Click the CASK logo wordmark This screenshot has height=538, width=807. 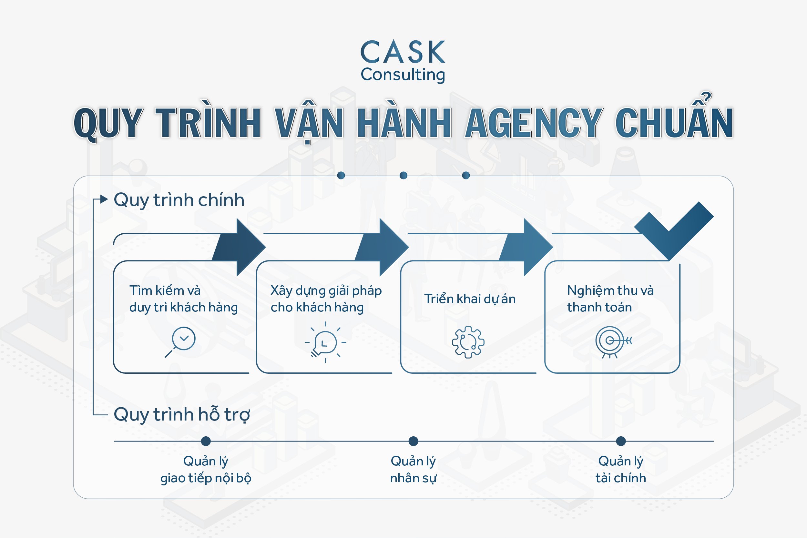click(x=403, y=52)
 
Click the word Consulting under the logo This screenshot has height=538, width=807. click(x=403, y=75)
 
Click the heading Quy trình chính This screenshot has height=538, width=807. click(x=179, y=200)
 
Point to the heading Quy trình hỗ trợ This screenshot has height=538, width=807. click(x=182, y=414)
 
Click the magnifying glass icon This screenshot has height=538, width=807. click(x=181, y=342)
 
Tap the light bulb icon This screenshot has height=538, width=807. click(x=325, y=342)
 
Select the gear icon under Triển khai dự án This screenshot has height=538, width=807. click(x=468, y=342)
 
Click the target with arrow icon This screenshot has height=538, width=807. click(x=612, y=342)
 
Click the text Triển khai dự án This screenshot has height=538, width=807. click(x=470, y=299)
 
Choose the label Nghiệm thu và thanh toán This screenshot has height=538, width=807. click(x=610, y=299)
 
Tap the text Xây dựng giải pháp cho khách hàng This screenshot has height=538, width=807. click(x=326, y=299)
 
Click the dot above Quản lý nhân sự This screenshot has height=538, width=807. click(x=414, y=441)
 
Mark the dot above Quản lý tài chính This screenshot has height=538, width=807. click(x=621, y=441)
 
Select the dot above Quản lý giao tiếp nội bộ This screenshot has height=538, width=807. click(x=206, y=441)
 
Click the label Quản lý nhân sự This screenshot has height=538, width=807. click(x=414, y=469)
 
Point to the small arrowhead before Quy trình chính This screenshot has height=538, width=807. click(x=104, y=199)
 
